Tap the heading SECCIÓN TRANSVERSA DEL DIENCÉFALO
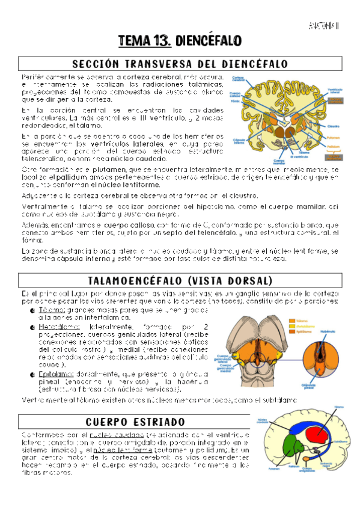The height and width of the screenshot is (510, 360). [x=180, y=64]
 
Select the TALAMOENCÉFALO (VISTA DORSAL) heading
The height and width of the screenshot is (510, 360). [x=180, y=281]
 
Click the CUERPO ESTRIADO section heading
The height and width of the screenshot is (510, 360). [x=135, y=422]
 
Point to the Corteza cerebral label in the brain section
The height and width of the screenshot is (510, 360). [x=237, y=79]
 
